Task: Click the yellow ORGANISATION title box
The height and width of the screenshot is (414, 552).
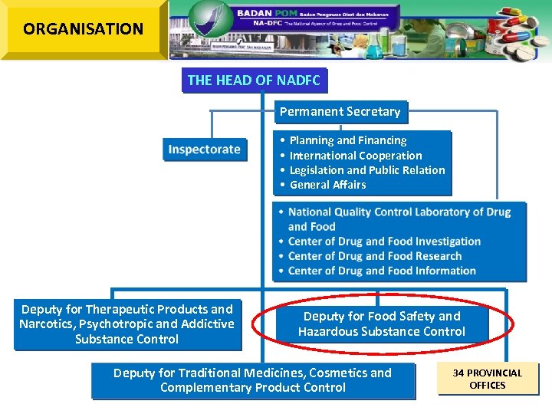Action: [x=83, y=29]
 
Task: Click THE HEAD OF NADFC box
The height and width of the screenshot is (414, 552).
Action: [x=254, y=80]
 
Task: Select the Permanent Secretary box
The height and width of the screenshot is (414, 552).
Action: [x=340, y=112]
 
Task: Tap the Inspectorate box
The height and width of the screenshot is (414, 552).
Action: [x=205, y=149]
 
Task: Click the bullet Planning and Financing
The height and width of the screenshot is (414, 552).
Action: [x=347, y=140]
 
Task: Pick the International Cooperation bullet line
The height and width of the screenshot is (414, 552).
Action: [x=355, y=156]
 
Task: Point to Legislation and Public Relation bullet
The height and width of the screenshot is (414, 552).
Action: [x=366, y=170]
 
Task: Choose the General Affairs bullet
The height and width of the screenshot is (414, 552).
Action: [x=327, y=185]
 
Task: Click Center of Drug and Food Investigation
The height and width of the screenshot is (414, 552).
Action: [x=384, y=242]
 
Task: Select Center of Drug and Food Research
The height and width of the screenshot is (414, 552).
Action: [x=375, y=256]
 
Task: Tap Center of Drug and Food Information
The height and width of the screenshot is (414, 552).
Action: [x=382, y=271]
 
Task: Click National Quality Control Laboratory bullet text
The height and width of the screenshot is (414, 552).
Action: [x=399, y=212]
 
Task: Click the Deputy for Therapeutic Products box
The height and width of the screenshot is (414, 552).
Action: [x=127, y=324]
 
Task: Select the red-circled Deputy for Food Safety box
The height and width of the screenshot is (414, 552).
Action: [x=382, y=324]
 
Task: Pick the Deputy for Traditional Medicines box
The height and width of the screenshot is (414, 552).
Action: [x=252, y=380]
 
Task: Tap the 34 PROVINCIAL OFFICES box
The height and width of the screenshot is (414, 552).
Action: [x=488, y=379]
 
